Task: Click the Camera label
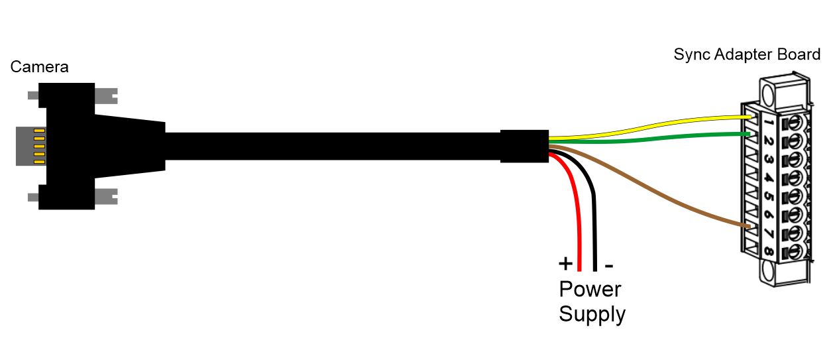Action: pyautogui.click(x=39, y=67)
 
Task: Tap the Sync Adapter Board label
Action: pyautogui.click(x=747, y=54)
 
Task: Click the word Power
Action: pyautogui.click(x=590, y=290)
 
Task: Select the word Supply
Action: pyautogui.click(x=592, y=314)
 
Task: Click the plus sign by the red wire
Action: pyautogui.click(x=565, y=264)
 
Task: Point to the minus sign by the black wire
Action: pyautogui.click(x=609, y=265)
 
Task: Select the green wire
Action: pyautogui.click(x=663, y=137)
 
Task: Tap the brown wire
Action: pyautogui.click(x=663, y=198)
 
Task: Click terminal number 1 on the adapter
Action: pyautogui.click(x=768, y=123)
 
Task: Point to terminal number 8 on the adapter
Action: pyautogui.click(x=768, y=252)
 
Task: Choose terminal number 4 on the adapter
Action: pyautogui.click(x=768, y=178)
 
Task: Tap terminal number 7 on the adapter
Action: pyautogui.click(x=768, y=233)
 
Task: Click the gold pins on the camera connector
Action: pyautogui.click(x=38, y=144)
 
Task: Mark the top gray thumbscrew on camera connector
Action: pyautogui.click(x=106, y=95)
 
